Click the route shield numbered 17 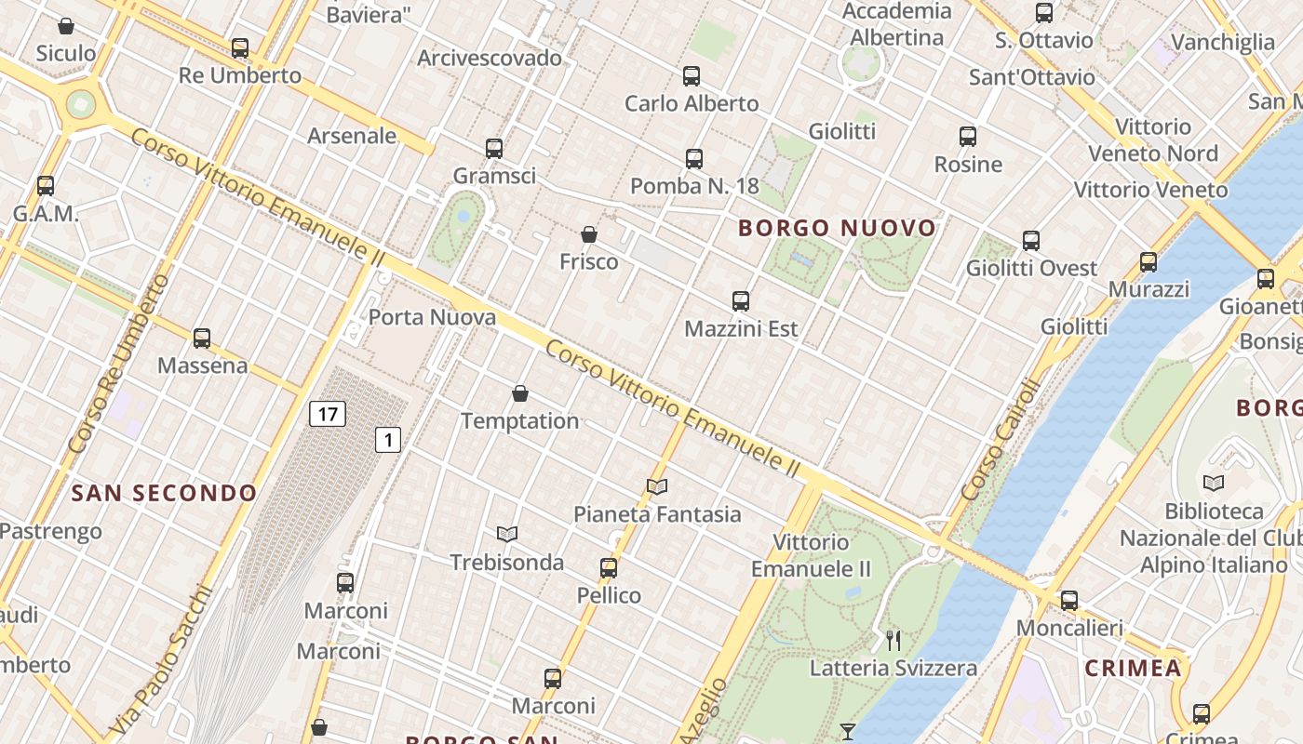[x=328, y=414]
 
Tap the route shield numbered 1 [x=388, y=440]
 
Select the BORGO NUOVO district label [x=837, y=228]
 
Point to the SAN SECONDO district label [x=164, y=493]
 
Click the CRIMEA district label [x=1133, y=668]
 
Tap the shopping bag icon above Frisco [x=589, y=234]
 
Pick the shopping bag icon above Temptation [x=520, y=394]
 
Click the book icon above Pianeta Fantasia [x=657, y=486]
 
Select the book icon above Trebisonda [x=507, y=534]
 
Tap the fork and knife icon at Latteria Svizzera [x=893, y=640]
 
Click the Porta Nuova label [x=432, y=317]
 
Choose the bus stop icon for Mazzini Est [x=741, y=301]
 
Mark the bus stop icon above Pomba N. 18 [x=694, y=159]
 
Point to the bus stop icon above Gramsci [x=494, y=148]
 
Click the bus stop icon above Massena [x=202, y=339]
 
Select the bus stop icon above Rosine [x=968, y=137]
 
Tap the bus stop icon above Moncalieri [x=1069, y=601]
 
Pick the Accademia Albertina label [x=897, y=24]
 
